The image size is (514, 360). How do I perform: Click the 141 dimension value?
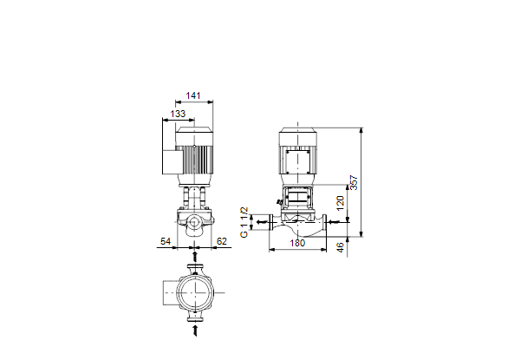click(x=193, y=95)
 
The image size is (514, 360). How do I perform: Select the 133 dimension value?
click(x=178, y=114)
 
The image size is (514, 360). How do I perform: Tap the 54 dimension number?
click(x=166, y=241)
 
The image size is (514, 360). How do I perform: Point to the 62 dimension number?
click(x=222, y=241)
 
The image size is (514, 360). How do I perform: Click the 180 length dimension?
click(x=297, y=243)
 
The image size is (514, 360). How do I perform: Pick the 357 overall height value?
click(x=354, y=183)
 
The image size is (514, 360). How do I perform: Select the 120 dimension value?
click(x=341, y=203)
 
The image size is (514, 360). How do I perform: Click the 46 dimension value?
click(x=341, y=247)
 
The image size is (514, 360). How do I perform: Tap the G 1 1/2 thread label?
click(x=244, y=222)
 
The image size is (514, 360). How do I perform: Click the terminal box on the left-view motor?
click(x=171, y=162)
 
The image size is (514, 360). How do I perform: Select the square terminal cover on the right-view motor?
click(x=297, y=161)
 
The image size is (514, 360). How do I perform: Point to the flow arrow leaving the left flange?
click(x=262, y=222)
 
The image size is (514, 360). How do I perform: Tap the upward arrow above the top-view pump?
click(x=195, y=257)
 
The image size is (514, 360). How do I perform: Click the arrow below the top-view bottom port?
click(x=195, y=331)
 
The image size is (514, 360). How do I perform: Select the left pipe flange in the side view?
click(x=271, y=222)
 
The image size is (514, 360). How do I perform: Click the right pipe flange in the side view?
click(x=324, y=222)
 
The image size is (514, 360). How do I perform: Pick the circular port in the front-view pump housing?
click(x=195, y=222)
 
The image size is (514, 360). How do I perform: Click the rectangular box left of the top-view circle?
click(x=171, y=292)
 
